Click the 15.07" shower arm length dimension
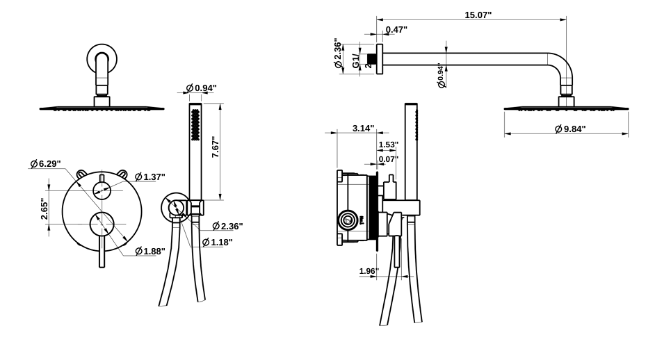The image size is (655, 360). point(478,15)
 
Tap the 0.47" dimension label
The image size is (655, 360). point(396,29)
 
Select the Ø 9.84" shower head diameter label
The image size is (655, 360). point(571,129)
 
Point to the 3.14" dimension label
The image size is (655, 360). point(363,129)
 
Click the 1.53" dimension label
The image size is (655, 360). point(388,145)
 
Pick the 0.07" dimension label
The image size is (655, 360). point(388,159)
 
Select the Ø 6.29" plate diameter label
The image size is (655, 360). point(45,163)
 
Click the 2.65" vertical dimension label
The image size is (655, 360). point(45,208)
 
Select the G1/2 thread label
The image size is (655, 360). point(356,60)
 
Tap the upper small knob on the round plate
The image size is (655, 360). point(103,189)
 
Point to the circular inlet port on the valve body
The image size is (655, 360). point(348,222)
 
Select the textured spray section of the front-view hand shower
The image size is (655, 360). point(195,124)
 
